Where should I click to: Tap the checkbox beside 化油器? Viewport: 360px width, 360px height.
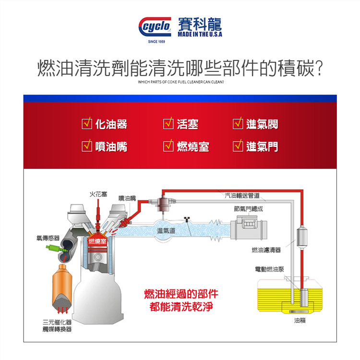(87, 124)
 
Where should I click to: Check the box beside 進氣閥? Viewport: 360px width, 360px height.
(238, 124)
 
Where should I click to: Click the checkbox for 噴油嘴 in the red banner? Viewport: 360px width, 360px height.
(87, 146)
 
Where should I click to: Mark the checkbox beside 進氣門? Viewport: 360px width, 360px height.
(238, 146)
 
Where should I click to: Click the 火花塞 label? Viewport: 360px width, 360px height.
(97, 194)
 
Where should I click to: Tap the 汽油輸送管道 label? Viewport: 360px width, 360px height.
(242, 195)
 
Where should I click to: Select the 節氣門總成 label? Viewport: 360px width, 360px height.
(248, 209)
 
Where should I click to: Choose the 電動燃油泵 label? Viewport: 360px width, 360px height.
(269, 269)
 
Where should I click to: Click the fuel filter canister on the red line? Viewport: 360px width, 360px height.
(302, 237)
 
